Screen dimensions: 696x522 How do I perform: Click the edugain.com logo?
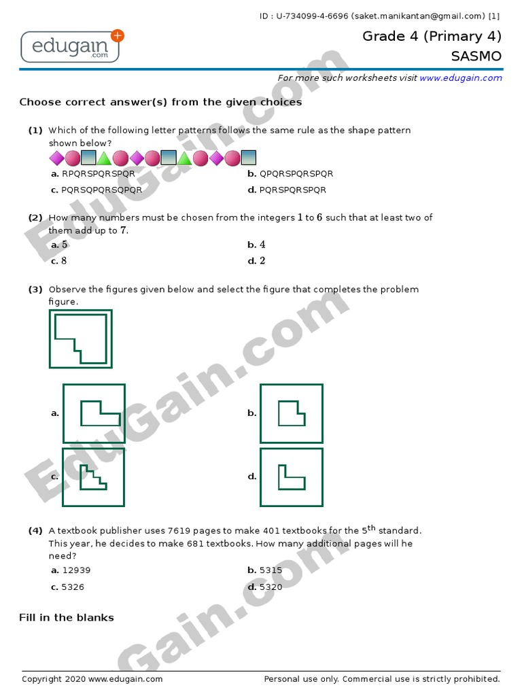[x=72, y=46]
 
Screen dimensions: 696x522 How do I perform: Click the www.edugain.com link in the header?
[x=460, y=78]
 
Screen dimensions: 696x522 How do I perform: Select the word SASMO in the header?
[x=476, y=56]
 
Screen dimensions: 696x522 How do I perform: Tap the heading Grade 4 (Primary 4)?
[x=432, y=37]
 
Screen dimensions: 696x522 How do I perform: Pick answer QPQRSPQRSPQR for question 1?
[x=296, y=174]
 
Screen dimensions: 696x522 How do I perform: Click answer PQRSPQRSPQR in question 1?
[x=293, y=190]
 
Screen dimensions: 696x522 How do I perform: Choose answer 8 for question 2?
[x=64, y=261]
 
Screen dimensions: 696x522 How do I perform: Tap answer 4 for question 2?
[x=262, y=245]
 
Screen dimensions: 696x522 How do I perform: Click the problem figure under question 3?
[x=80, y=338]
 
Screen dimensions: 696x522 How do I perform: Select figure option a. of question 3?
[x=94, y=413]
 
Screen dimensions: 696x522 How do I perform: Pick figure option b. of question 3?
[x=291, y=413]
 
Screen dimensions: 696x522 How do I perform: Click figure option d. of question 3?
[x=291, y=476]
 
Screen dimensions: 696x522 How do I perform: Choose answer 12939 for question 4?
[x=76, y=571]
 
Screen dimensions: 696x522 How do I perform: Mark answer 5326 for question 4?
[x=73, y=587]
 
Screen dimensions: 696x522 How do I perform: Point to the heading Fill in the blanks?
[x=67, y=618]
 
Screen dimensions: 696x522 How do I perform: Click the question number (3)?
[x=35, y=290]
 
